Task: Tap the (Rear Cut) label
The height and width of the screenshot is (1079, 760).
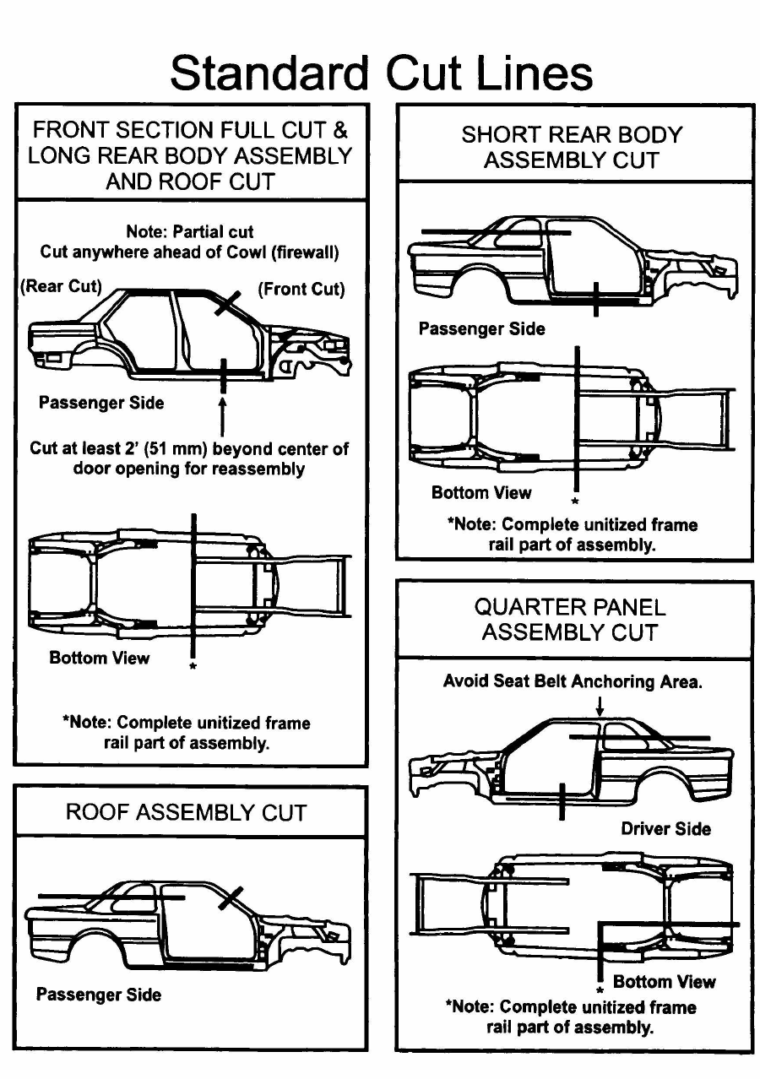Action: (60, 286)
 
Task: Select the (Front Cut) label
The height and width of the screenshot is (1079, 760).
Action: (301, 289)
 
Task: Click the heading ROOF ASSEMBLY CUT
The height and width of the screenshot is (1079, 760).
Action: (186, 813)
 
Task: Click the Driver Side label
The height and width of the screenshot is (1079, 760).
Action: (665, 828)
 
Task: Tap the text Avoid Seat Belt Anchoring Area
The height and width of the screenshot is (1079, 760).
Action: (572, 681)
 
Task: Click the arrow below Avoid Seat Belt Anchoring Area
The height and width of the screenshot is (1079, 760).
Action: (599, 705)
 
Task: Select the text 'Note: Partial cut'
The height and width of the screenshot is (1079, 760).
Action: (189, 231)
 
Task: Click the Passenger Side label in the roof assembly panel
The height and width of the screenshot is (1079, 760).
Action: (98, 995)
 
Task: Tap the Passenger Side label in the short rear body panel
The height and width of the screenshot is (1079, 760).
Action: (481, 328)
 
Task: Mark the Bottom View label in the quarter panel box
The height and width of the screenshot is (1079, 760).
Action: (664, 981)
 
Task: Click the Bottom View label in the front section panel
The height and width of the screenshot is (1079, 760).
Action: (99, 658)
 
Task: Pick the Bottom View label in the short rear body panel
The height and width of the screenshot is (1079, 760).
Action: (481, 492)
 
